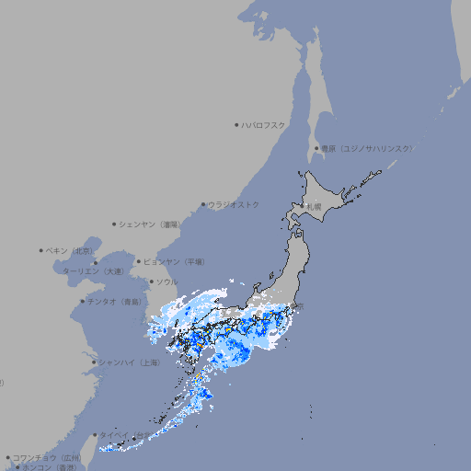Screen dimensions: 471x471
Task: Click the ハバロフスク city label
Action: click(264, 124)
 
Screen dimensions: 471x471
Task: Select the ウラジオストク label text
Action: click(234, 204)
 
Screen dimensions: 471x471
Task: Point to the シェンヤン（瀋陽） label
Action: click(151, 224)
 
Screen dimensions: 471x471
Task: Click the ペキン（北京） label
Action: click(71, 250)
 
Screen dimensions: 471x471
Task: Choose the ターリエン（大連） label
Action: click(92, 271)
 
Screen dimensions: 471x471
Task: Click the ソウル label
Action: click(167, 281)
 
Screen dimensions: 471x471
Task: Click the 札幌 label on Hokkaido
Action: click(314, 207)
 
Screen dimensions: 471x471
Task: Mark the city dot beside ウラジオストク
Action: click(203, 204)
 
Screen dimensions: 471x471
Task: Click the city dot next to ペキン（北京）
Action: click(41, 250)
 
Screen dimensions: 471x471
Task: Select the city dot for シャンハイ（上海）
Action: click(94, 362)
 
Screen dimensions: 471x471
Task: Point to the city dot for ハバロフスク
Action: click(236, 124)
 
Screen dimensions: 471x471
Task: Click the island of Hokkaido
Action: click(331, 198)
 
